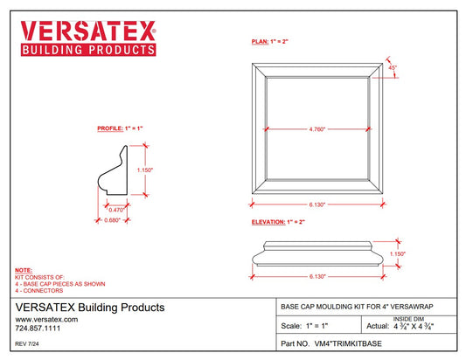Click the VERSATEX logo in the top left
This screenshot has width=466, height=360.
(x=87, y=36)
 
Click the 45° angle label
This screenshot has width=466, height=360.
(x=393, y=68)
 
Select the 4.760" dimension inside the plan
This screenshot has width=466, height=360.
(x=316, y=130)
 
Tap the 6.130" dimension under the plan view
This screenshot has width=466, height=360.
(x=316, y=204)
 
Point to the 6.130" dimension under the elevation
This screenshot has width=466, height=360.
(x=316, y=276)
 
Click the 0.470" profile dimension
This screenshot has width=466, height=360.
(x=115, y=210)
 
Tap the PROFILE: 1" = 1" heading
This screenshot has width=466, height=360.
(x=120, y=128)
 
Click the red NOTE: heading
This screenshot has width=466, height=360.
(x=24, y=271)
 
